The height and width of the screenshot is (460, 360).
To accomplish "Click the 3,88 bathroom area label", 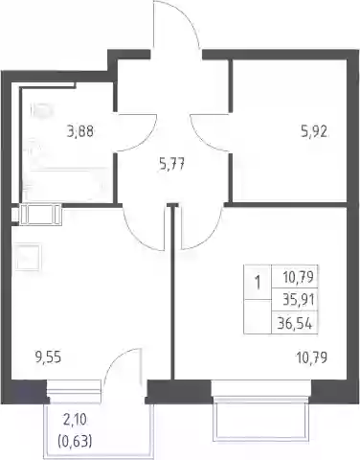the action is click(80, 131).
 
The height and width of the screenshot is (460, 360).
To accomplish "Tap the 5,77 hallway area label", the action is click(171, 166).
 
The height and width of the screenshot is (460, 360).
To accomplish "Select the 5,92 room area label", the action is click(314, 131).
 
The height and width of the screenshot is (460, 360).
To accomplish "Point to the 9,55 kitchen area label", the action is click(48, 357).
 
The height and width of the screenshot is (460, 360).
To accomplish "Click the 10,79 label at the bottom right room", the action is click(312, 357).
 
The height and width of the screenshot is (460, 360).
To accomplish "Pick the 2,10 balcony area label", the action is click(75, 421).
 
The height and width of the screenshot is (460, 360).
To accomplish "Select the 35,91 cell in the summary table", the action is click(299, 300).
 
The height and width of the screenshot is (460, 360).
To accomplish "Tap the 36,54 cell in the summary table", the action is click(295, 324).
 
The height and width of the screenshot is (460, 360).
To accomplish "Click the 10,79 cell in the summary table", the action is click(299, 277).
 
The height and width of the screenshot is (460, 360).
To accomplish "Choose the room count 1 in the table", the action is click(258, 283).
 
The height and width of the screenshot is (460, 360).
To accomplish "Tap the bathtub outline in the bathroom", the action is click(65, 184).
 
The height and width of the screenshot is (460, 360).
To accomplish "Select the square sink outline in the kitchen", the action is click(28, 257).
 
